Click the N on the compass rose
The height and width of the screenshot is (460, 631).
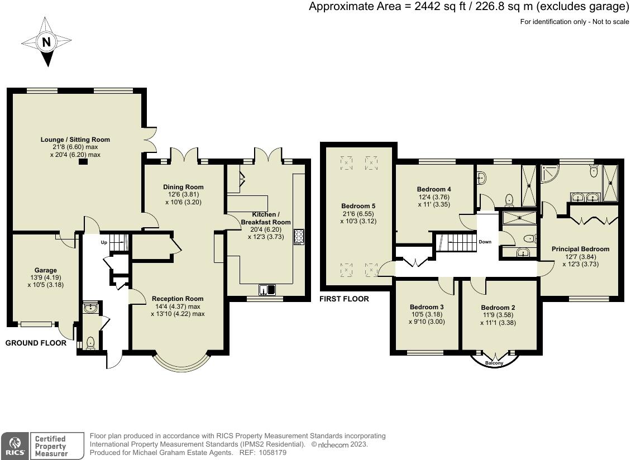47,41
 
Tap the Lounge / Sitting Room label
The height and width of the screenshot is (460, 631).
75,140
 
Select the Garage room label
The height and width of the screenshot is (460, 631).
45,270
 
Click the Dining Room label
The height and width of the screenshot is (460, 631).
183,187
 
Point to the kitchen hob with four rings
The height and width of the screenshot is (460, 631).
299,237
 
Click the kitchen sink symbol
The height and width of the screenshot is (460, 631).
267,290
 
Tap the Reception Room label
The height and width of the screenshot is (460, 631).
178,299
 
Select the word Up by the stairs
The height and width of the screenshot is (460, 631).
104,242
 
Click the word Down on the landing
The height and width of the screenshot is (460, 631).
485,242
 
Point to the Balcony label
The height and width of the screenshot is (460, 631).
494,363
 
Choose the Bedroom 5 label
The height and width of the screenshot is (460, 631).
358,206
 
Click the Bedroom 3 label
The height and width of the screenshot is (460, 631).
427,307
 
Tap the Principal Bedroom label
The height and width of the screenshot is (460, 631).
580,249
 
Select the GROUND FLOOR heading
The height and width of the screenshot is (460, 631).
36,343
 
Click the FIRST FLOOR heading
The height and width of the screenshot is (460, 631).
344,299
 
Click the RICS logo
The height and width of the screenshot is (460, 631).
15,446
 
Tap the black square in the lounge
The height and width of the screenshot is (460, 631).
83,162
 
